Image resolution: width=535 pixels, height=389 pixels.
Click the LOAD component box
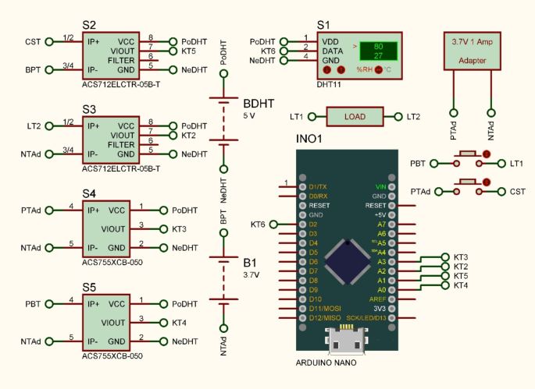pyautogui.click(x=355, y=117)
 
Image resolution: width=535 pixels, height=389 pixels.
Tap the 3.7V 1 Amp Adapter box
pyautogui.click(x=473, y=51)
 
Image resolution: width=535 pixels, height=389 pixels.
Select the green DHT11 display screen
pyautogui.click(x=376, y=51)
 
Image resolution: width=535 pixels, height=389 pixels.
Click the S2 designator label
pyautogui.click(x=89, y=26)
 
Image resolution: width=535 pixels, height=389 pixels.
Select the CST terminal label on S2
pyautogui.click(x=33, y=41)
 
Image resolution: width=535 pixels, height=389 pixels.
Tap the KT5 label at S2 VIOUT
pyautogui.click(x=189, y=51)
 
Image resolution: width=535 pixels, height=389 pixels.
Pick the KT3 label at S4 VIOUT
pyautogui.click(x=179, y=228)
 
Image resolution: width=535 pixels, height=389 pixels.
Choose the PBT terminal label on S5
pyautogui.click(x=33, y=303)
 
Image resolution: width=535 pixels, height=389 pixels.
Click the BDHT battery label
pyautogui.click(x=259, y=103)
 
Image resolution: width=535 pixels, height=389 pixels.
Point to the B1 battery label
pyautogui.click(x=250, y=262)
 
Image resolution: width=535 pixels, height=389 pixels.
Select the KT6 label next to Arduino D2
pyautogui.click(x=258, y=225)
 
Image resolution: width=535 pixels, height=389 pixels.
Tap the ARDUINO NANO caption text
pyautogui.click(x=326, y=363)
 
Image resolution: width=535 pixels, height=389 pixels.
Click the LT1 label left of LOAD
pyautogui.click(x=297, y=117)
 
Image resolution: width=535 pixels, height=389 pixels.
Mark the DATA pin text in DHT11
pyautogui.click(x=333, y=51)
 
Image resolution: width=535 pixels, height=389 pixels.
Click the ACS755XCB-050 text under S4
pyautogui.click(x=112, y=263)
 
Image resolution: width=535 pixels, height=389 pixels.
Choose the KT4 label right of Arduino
pyautogui.click(x=461, y=285)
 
